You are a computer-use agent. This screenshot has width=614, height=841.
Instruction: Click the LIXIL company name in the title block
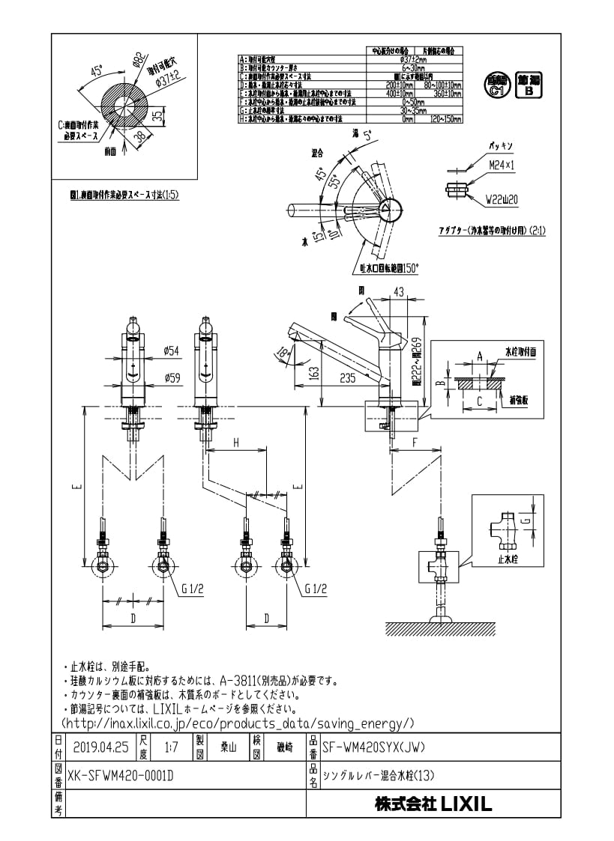point(433,804)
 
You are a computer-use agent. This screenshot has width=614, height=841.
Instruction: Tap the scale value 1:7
point(171,747)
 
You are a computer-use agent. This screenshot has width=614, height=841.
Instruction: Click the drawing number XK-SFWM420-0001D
point(121,776)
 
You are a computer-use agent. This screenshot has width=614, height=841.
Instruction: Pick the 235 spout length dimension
point(346,379)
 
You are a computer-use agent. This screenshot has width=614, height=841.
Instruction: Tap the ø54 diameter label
point(172,350)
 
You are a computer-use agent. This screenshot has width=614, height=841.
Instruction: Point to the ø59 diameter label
point(172,378)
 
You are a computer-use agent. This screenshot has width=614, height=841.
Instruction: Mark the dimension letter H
point(235,443)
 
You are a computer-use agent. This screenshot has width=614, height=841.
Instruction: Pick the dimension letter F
point(415,443)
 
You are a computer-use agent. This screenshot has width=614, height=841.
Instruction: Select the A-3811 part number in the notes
point(238,681)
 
